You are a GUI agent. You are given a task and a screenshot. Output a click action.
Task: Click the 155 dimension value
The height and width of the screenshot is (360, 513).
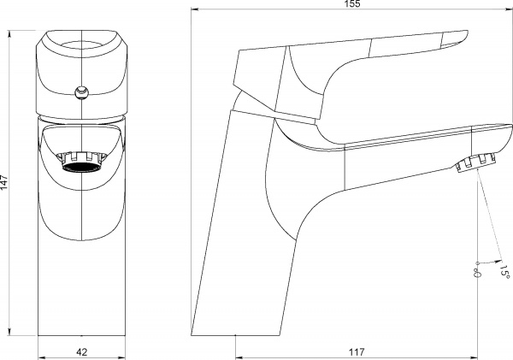352,3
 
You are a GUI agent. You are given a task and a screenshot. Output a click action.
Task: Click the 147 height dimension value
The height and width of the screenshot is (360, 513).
4,182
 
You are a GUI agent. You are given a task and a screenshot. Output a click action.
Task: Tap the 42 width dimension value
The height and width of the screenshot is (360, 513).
82,352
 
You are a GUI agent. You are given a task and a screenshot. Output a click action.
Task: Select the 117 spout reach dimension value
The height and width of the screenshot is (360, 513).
357,352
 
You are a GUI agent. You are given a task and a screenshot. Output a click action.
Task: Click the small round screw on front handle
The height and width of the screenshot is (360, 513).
81,91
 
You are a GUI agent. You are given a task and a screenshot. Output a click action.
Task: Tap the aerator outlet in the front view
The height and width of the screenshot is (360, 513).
81,162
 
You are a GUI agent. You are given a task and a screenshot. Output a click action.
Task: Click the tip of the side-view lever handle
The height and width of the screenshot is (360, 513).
469,32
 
